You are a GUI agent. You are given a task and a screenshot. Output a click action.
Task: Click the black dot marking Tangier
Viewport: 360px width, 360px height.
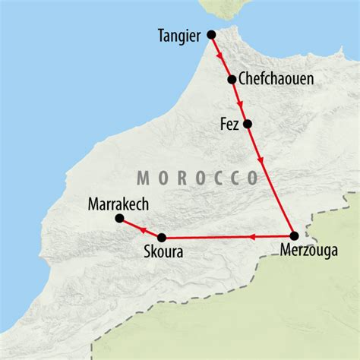[x=212, y=34]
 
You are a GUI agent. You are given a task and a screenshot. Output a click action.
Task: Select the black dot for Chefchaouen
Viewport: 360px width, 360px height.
[x=232, y=78]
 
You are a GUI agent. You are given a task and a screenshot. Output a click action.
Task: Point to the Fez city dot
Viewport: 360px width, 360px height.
[x=246, y=123]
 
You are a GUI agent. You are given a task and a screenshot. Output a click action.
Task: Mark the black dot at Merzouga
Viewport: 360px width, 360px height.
[x=294, y=235]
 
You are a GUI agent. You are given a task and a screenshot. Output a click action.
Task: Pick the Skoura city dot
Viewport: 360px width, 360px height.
[x=162, y=236]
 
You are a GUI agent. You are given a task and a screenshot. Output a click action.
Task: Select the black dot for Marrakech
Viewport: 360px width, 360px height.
[x=119, y=219]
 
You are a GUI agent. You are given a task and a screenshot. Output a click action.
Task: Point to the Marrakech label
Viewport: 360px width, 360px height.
[x=117, y=203]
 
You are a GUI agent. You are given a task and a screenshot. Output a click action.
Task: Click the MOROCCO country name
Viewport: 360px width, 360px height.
[x=197, y=178]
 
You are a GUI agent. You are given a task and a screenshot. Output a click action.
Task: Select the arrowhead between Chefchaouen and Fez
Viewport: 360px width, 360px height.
[x=239, y=103]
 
